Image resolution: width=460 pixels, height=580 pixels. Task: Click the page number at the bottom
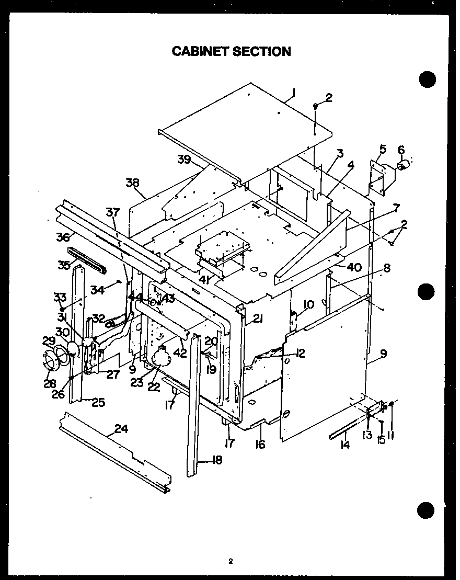[x=229, y=562]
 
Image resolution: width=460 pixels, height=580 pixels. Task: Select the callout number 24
[x=121, y=429]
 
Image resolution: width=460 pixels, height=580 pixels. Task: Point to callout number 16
[x=260, y=445]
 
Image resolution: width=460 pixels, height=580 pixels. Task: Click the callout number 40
[x=354, y=268]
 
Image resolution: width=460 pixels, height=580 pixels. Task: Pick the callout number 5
[x=383, y=150]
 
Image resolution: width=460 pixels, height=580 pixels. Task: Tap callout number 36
[x=63, y=237]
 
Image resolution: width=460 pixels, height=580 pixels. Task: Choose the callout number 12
[x=300, y=354]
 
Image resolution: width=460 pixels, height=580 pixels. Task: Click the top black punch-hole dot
[x=428, y=78]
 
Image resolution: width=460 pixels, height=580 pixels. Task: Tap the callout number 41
[x=205, y=280]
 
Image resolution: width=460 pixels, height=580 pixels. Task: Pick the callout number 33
[x=59, y=298]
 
